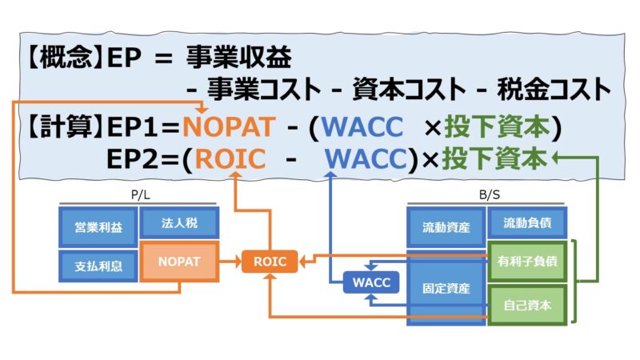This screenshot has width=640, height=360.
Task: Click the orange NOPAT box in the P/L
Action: [x=178, y=261]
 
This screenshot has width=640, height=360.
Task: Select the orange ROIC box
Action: [x=270, y=261]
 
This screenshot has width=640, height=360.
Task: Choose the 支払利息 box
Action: [x=97, y=266]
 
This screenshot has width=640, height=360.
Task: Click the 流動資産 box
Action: [x=446, y=226]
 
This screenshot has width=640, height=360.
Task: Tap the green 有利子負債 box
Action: [x=526, y=261]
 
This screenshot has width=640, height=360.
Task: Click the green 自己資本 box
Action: [x=526, y=304]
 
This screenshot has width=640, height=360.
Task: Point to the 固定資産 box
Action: [x=446, y=287]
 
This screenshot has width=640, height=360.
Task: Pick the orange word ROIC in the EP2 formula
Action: [x=230, y=158]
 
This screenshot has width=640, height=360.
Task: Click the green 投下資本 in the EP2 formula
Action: [x=494, y=158]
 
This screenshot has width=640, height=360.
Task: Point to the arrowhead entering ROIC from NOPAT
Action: [x=237, y=261]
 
